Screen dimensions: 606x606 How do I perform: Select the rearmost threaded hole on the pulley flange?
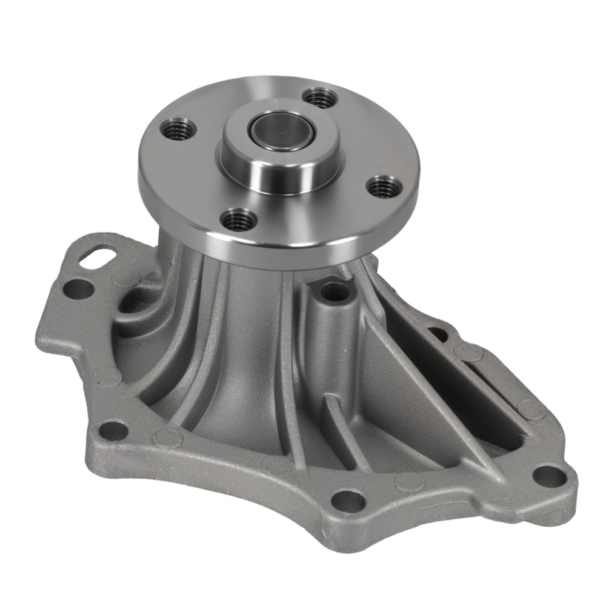coord(319,97)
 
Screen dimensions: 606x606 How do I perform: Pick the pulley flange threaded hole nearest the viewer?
coord(239,219)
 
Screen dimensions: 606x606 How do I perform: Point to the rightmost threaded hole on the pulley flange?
coord(384,187)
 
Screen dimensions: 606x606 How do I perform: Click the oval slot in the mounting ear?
coord(99,258)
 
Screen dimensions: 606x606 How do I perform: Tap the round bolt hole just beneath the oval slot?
coord(78,288)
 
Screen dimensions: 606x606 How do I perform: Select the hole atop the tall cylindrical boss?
coord(335,292)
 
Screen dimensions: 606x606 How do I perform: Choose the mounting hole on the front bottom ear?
coord(349,501)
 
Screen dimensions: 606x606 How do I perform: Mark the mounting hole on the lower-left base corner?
coord(113,431)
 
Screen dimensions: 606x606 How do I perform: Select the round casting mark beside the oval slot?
coord(126,278)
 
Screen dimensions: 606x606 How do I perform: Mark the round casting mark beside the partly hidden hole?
coord(468,352)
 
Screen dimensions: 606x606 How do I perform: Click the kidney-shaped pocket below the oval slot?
coord(135,303)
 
